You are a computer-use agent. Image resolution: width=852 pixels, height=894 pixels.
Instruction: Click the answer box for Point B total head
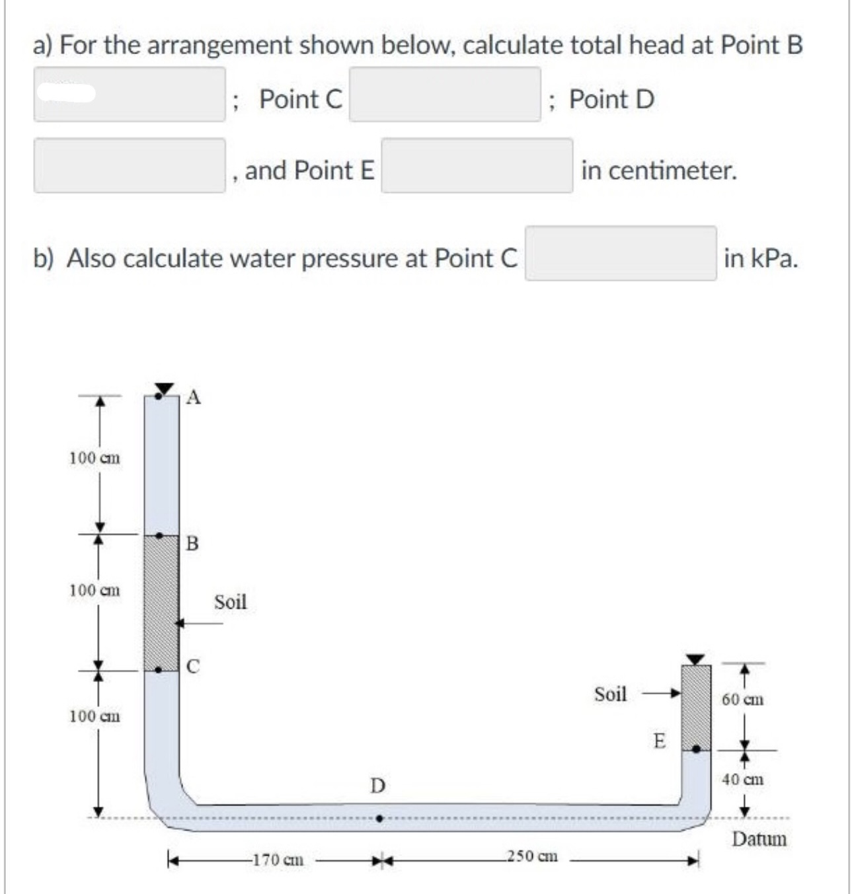click(130, 94)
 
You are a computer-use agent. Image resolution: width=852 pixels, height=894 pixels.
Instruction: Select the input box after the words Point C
click(445, 94)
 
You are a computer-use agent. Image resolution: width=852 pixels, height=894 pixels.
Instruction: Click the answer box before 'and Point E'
click(130, 166)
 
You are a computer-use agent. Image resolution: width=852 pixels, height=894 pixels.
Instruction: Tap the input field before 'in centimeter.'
click(477, 166)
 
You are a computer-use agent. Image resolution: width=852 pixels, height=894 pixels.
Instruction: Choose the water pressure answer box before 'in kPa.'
click(620, 254)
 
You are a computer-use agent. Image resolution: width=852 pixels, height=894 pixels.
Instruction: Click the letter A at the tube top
click(193, 397)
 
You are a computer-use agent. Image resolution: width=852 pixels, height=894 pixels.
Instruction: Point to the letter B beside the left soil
click(192, 544)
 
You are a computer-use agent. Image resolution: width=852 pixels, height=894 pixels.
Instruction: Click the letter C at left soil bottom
click(192, 666)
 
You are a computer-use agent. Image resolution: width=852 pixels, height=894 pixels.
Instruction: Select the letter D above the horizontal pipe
click(377, 786)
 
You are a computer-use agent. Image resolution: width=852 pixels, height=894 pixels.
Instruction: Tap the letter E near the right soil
click(659, 741)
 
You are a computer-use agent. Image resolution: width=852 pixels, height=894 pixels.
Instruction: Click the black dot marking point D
click(379, 818)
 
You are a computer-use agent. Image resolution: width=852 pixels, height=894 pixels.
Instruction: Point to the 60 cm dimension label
click(743, 699)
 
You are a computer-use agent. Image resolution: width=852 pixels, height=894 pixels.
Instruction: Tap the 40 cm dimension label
click(743, 780)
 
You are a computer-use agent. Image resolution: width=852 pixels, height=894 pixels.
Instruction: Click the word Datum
click(759, 840)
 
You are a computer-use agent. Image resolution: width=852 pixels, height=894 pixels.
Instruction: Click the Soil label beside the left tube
click(230, 602)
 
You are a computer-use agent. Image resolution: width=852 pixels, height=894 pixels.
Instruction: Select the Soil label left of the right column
click(610, 694)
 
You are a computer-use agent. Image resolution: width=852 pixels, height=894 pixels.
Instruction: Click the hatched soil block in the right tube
click(696, 704)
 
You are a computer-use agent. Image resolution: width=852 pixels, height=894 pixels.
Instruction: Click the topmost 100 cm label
click(95, 458)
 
